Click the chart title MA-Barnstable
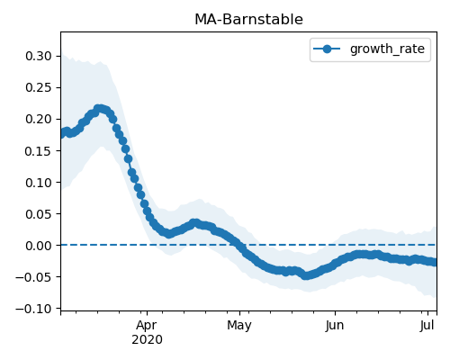click(x=248, y=20)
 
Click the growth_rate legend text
click(x=387, y=49)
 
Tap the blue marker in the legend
click(x=327, y=49)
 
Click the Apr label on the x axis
click(x=147, y=326)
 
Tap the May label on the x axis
click(x=239, y=326)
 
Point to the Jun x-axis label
click(x=335, y=326)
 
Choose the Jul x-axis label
click(x=427, y=326)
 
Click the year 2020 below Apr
click(x=147, y=340)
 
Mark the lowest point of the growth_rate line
click(x=305, y=275)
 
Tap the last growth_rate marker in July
click(x=434, y=262)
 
